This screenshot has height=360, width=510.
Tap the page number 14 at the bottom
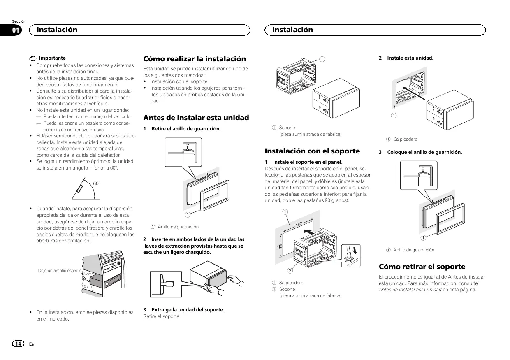pyautogui.click(x=18, y=344)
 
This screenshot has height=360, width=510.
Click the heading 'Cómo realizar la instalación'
pyautogui.click(x=195, y=59)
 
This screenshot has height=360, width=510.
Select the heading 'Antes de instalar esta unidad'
pyautogui.click(x=196, y=118)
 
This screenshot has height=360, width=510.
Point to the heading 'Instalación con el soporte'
pyautogui.click(x=312, y=151)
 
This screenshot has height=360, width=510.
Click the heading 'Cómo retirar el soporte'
pyautogui.click(x=422, y=267)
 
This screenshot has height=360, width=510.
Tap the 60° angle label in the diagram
pyautogui.click(x=97, y=183)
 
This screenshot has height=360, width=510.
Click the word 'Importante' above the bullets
pyautogui.click(x=52, y=58)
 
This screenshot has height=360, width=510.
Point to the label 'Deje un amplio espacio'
pyautogui.click(x=60, y=270)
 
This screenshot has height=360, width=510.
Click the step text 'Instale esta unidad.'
pyautogui.click(x=410, y=58)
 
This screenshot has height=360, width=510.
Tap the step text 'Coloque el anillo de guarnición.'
pyautogui.click(x=424, y=152)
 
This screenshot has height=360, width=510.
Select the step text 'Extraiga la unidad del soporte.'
pyautogui.click(x=188, y=310)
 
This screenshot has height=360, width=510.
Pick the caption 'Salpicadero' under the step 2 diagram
pyautogui.click(x=405, y=139)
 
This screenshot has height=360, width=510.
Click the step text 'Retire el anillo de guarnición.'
pyautogui.click(x=186, y=129)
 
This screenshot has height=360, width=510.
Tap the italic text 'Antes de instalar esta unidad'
pyautogui.click(x=410, y=290)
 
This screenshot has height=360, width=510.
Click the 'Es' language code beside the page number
pyautogui.click(x=31, y=344)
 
